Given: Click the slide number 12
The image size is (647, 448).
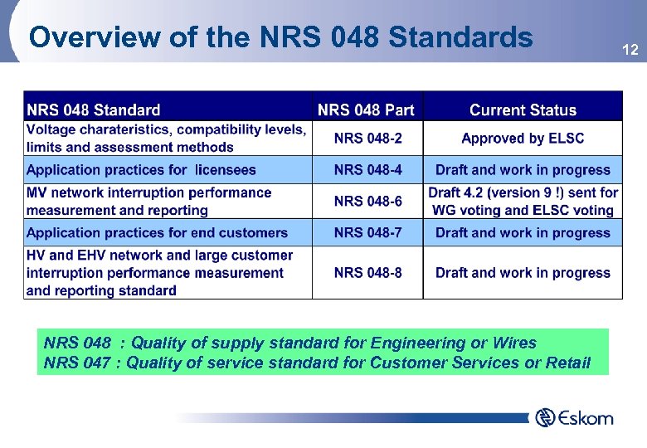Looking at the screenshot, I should click(630, 51).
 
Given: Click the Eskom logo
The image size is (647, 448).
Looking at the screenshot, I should click(575, 417).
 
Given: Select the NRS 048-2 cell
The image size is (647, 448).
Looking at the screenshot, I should click(367, 139).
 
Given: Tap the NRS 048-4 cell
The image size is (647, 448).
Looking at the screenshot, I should click(367, 170).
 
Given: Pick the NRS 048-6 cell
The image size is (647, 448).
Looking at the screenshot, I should click(367, 202).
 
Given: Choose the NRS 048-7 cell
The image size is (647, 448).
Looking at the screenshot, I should click(367, 233).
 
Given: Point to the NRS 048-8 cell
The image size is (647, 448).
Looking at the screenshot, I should click(367, 273).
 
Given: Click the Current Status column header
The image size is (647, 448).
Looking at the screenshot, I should click(523, 110).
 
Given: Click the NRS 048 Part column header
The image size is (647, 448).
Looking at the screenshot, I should click(366, 110).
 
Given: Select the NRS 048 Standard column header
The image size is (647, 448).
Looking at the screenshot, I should click(94, 110).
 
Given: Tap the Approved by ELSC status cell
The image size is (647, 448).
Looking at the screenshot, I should click(523, 139).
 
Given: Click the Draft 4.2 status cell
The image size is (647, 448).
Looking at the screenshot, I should click(523, 202).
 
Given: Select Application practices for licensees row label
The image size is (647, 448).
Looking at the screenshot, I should click(141, 170).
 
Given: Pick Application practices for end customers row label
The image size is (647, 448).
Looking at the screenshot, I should click(157, 233).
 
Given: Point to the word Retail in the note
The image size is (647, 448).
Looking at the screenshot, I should click(569, 363).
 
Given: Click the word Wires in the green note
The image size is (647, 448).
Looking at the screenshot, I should click(513, 343).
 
